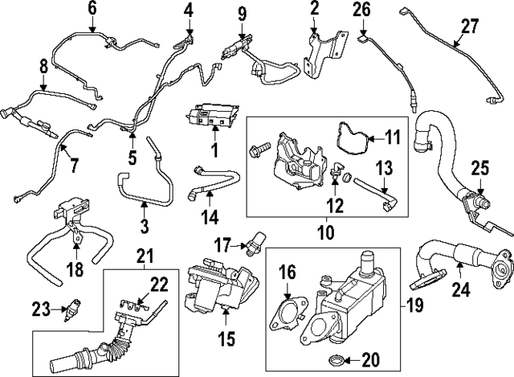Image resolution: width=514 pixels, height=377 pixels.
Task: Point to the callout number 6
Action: pyautogui.click(x=91, y=10)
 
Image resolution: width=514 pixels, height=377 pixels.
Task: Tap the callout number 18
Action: pyautogui.click(x=75, y=268)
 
